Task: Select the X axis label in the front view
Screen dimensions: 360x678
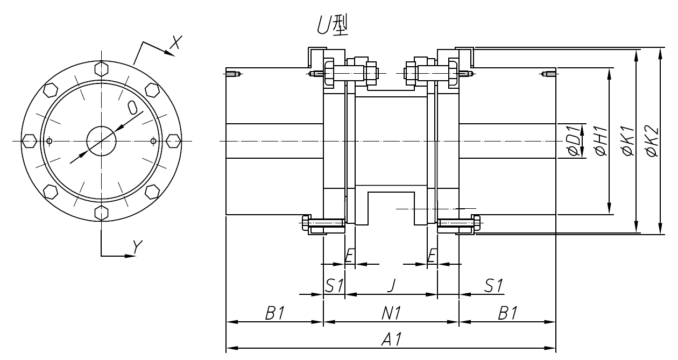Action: pyautogui.click(x=174, y=44)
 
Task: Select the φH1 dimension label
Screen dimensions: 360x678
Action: pyautogui.click(x=600, y=142)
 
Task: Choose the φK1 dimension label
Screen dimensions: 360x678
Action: pyautogui.click(x=627, y=142)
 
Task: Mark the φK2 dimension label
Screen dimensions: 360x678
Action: pyautogui.click(x=652, y=142)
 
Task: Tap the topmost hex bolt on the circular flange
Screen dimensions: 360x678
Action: pyautogui.click(x=101, y=69)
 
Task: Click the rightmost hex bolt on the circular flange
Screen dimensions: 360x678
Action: pyautogui.click(x=173, y=141)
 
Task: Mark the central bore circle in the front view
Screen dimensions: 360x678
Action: pyautogui.click(x=101, y=142)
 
